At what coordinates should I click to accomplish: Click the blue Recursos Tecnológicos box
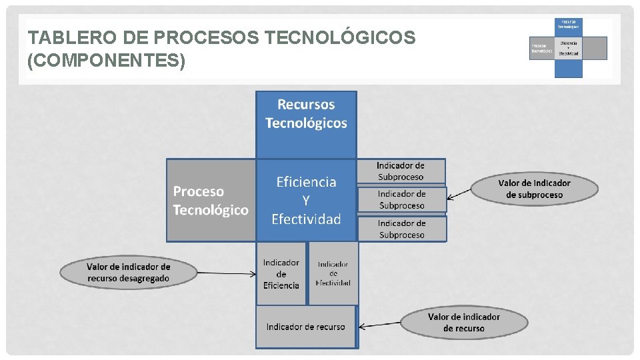(x=306, y=123)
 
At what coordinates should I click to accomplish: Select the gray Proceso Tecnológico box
(x=211, y=200)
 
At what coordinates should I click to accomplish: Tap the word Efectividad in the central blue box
(x=306, y=219)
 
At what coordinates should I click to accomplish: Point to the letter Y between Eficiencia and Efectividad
(x=306, y=200)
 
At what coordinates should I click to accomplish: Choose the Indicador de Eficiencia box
(x=281, y=273)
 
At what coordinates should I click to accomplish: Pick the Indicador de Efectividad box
(x=333, y=273)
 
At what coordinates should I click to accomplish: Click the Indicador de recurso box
(x=306, y=327)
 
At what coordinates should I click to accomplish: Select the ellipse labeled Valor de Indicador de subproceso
(x=534, y=189)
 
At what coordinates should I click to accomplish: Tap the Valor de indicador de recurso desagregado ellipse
(x=128, y=273)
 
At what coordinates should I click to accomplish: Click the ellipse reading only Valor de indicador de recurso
(x=463, y=323)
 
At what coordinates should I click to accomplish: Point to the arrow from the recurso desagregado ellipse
(x=227, y=273)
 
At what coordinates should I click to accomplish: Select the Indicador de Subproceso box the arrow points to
(x=401, y=199)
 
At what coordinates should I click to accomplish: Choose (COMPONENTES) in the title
(x=107, y=61)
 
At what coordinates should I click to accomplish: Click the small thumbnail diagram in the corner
(x=568, y=47)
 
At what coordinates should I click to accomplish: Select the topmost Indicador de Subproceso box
(x=401, y=171)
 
